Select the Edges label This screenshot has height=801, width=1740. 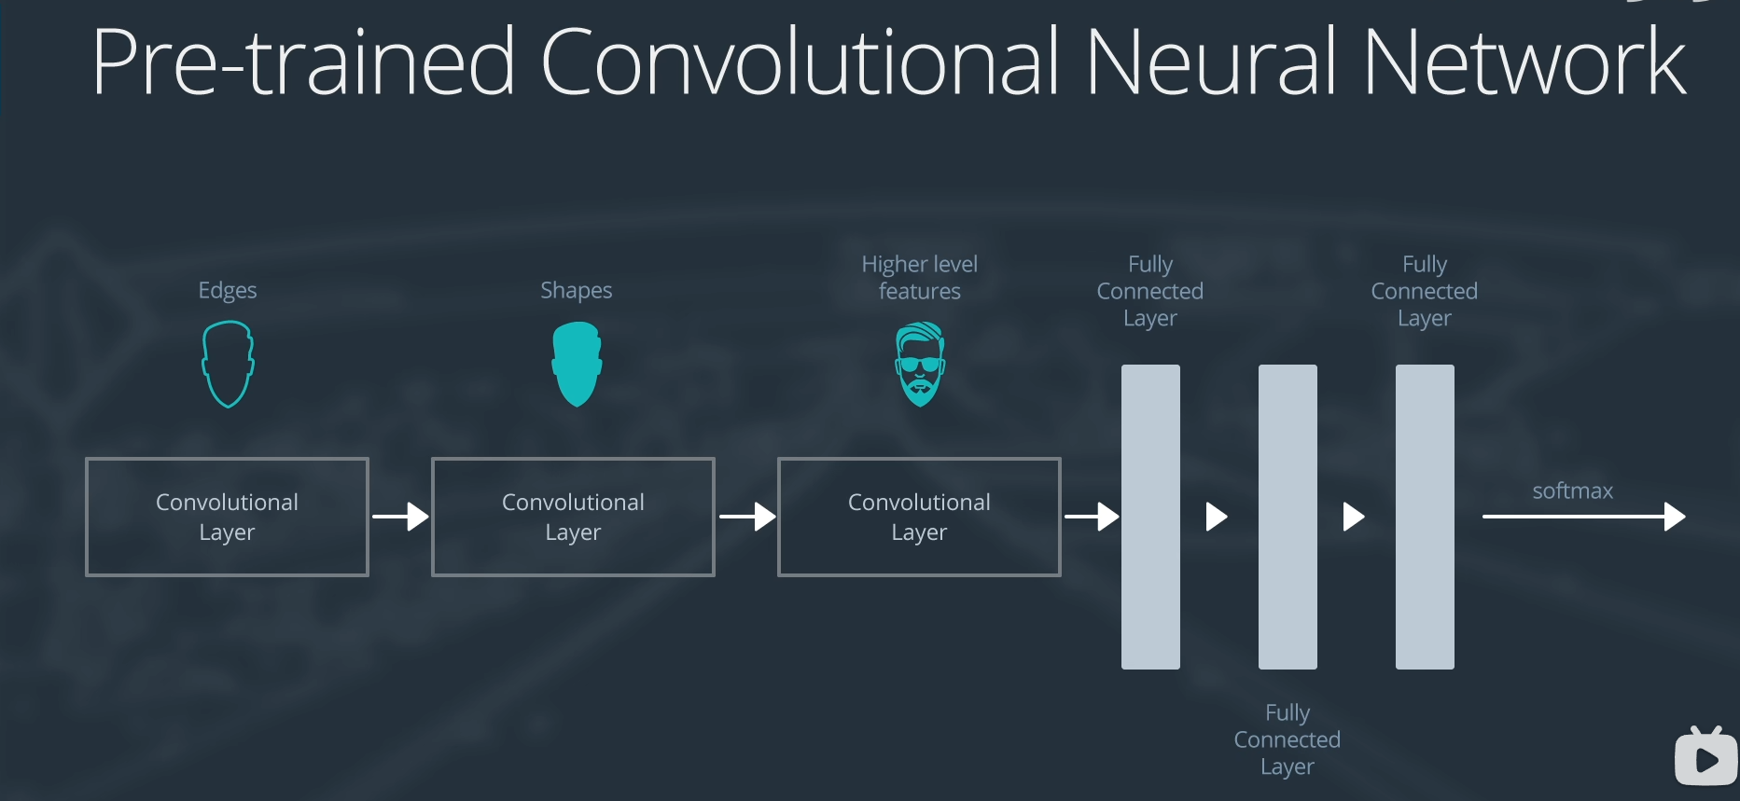[x=228, y=291]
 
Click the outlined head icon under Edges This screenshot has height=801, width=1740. [x=228, y=364]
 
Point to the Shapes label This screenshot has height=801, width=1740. [x=576, y=291]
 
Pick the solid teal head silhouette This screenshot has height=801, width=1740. [x=577, y=364]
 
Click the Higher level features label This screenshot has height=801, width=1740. [x=919, y=278]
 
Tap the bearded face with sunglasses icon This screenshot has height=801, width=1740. [x=920, y=364]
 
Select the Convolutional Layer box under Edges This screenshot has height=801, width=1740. [x=227, y=517]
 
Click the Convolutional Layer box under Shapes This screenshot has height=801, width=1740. [x=573, y=517]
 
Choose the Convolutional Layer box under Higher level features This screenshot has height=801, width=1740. [x=919, y=517]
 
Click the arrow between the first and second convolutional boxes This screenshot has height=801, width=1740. [x=400, y=517]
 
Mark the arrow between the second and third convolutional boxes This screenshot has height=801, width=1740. [x=746, y=517]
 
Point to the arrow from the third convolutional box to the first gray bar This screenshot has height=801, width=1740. [x=1092, y=517]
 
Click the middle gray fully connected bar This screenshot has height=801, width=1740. [x=1288, y=517]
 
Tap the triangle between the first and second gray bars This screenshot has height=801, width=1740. [x=1216, y=517]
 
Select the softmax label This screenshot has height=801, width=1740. [x=1572, y=491]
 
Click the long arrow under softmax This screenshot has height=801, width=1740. [x=1583, y=517]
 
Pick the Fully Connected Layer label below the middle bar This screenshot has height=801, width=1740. [x=1287, y=739]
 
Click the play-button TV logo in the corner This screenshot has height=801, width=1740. [x=1705, y=757]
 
